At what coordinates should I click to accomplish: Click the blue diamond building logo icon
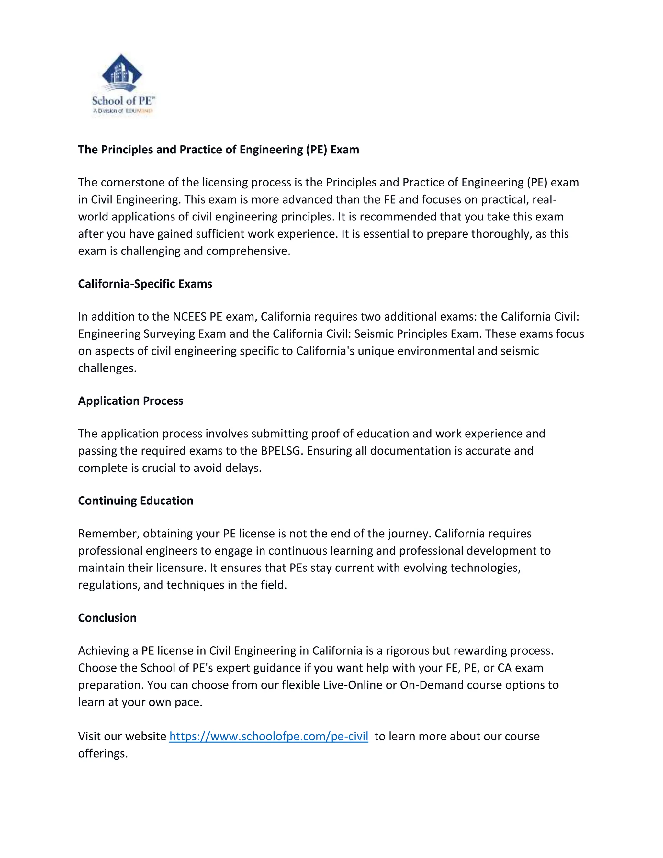(x=122, y=73)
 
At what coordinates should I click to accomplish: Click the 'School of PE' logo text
(x=123, y=101)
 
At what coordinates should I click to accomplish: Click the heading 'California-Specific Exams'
(x=145, y=284)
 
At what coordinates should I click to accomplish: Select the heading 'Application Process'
(x=130, y=401)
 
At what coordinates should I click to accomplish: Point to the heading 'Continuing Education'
(x=136, y=501)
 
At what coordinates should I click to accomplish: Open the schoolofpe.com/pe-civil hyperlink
(x=269, y=736)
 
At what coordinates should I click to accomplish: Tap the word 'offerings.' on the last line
(x=103, y=753)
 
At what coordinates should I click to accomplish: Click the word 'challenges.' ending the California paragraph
(x=107, y=368)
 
